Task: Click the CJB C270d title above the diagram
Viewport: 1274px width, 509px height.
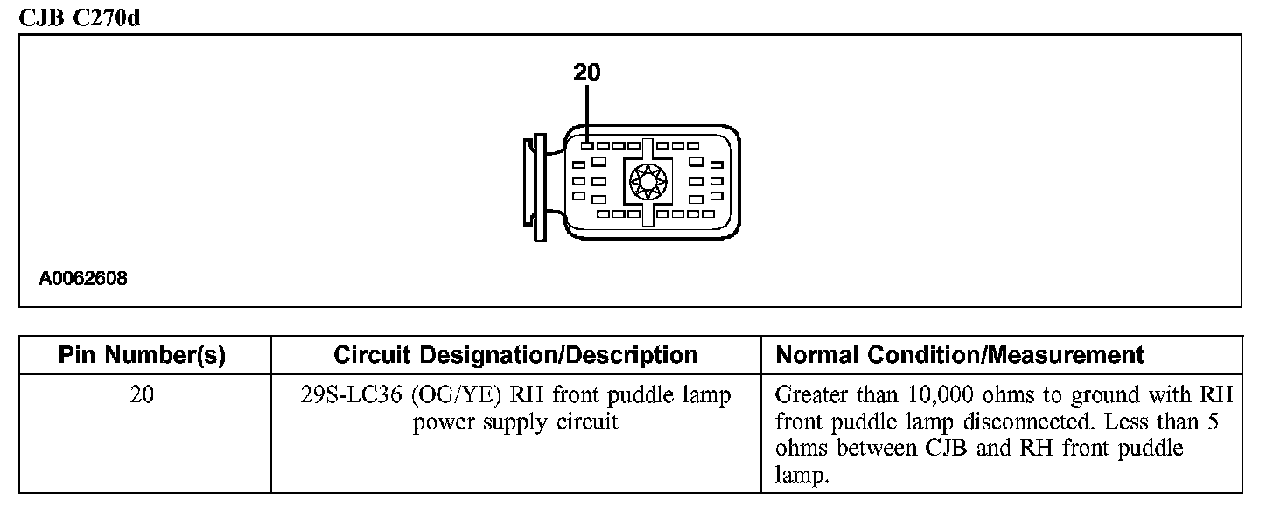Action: (x=79, y=17)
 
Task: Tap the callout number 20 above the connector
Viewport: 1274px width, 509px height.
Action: (x=587, y=73)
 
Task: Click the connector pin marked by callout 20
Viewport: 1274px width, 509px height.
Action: (x=588, y=145)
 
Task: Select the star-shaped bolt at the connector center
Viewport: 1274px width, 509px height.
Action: (x=647, y=182)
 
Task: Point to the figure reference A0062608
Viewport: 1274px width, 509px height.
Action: (x=83, y=280)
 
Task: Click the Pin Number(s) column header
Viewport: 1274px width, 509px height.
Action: (x=142, y=355)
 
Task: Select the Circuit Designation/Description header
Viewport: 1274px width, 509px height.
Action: (x=515, y=355)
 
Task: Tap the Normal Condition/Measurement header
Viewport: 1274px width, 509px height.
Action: (x=960, y=355)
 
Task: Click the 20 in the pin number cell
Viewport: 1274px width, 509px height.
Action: (x=142, y=395)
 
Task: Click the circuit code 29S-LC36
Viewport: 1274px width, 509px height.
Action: (x=351, y=395)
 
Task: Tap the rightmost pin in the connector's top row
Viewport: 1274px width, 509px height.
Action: (x=692, y=145)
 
